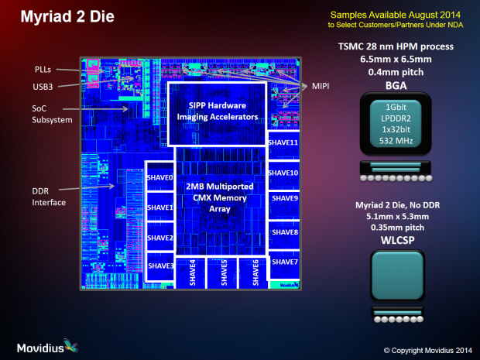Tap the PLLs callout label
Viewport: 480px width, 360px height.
coord(44,70)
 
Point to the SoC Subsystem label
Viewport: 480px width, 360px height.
coord(52,115)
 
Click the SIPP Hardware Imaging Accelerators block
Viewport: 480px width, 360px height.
coord(218,111)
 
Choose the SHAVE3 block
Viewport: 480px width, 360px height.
coord(160,266)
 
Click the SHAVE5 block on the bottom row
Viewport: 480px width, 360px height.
coord(225,273)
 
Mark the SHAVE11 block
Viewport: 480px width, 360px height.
coord(283,143)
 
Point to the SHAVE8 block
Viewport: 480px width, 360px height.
coord(283,231)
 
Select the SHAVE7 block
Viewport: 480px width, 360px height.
coord(283,262)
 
